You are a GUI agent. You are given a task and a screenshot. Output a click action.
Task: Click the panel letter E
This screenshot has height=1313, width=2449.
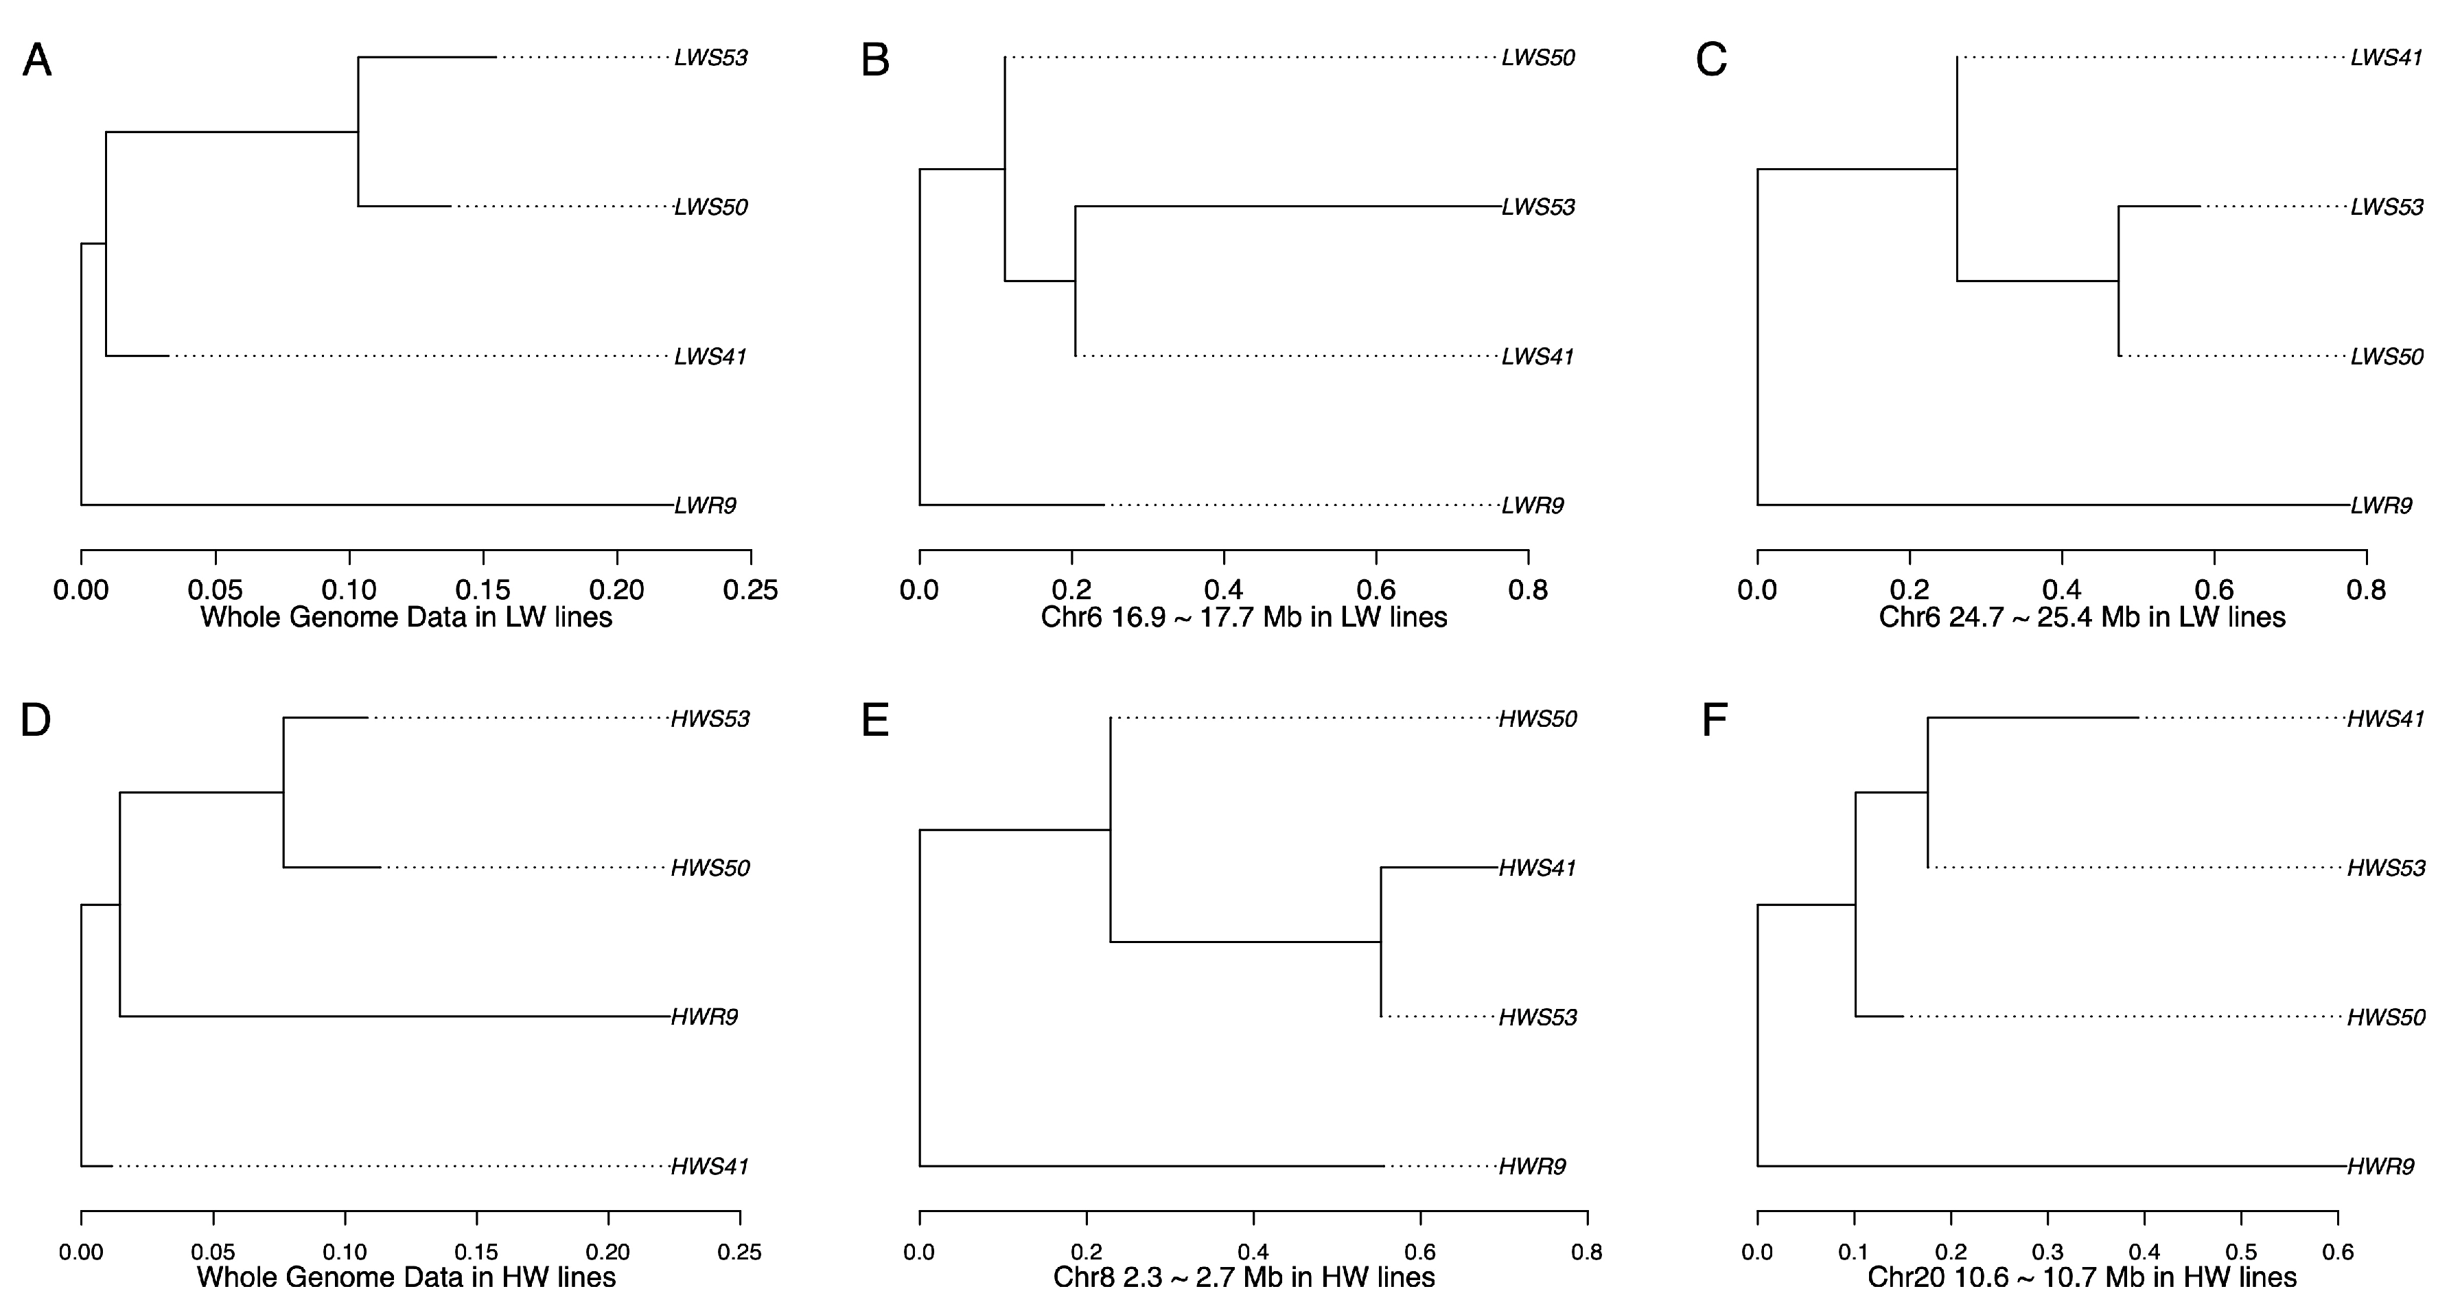[x=874, y=721]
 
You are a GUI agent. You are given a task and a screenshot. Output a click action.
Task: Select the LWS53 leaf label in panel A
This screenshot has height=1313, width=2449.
[x=710, y=58]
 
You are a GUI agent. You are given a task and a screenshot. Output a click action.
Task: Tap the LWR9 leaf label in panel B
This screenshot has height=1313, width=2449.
[x=1533, y=506]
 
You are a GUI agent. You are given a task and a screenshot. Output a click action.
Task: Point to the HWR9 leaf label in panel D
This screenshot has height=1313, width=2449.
[x=704, y=1017]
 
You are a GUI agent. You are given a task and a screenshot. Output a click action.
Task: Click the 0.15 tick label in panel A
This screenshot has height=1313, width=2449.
[x=483, y=590]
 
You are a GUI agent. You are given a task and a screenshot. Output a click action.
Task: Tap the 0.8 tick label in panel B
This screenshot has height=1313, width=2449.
[x=1528, y=590]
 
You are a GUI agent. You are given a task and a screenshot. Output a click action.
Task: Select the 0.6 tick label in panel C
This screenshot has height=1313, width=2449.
[x=2214, y=590]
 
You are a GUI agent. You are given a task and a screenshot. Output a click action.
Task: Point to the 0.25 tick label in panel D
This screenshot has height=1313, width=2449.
[x=740, y=1252]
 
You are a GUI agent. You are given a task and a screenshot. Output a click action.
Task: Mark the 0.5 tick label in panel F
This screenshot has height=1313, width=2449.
[x=2241, y=1252]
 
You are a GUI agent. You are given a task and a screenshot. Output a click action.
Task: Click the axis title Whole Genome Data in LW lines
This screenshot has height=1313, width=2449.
[x=406, y=618]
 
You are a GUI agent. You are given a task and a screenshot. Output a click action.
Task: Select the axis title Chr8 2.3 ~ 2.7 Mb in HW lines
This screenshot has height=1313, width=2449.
[x=1244, y=1277]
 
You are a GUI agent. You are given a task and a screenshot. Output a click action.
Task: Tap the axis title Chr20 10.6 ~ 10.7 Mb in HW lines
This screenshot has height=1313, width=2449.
[x=2082, y=1277]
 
